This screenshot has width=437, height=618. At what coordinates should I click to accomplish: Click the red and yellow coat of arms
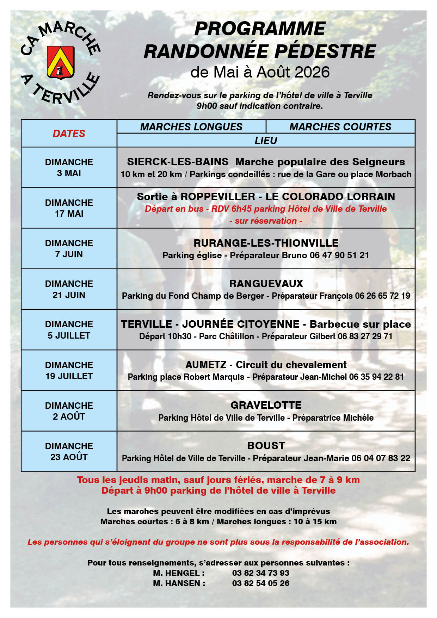[x=61, y=62]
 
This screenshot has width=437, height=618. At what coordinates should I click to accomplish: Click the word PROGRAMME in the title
[x=260, y=29]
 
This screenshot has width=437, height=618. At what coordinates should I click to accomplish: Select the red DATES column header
[x=69, y=134]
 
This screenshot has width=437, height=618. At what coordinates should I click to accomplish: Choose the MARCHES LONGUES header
[x=191, y=127]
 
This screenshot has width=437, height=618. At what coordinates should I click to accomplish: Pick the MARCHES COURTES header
[x=340, y=127]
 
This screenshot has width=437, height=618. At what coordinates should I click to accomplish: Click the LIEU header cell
[x=266, y=141]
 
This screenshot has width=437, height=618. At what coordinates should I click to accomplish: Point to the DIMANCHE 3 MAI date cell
[x=69, y=168]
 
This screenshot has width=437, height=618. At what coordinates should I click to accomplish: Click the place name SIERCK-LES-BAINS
[x=178, y=162]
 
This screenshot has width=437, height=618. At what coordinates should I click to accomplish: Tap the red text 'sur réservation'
[x=266, y=221]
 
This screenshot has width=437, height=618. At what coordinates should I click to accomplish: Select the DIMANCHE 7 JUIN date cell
[x=69, y=249]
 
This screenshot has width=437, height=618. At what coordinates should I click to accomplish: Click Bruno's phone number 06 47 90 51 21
[x=339, y=255]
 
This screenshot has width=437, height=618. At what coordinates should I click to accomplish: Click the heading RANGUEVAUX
[x=266, y=284]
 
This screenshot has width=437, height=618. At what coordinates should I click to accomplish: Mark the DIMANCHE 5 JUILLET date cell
[x=69, y=330]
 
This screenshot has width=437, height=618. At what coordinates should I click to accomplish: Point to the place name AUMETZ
[x=206, y=365]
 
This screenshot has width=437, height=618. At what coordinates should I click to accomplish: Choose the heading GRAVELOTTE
[x=266, y=405]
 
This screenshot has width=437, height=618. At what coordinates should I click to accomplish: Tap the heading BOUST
[x=266, y=446]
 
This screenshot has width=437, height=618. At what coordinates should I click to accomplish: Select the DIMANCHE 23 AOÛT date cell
[x=69, y=452]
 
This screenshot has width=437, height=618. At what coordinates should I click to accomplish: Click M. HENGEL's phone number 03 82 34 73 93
[x=260, y=573]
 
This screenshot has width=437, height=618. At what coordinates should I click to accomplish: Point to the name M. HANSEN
[x=179, y=583]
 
